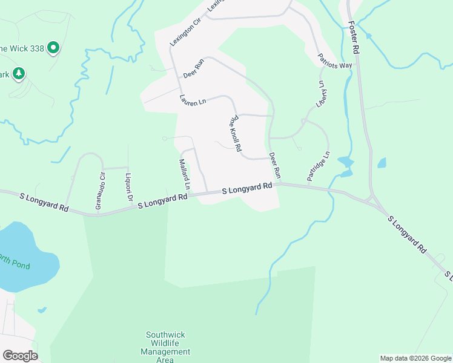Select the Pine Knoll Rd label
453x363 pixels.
[235, 134]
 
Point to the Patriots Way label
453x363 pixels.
[335, 61]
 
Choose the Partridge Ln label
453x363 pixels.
[318, 166]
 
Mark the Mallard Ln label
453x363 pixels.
[185, 175]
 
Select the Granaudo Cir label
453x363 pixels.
[101, 191]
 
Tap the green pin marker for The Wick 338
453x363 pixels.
[53, 47]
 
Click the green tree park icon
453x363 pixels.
[19, 73]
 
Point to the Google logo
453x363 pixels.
[20, 356]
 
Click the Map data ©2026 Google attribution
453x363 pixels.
[415, 358]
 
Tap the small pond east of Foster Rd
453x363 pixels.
[382, 163]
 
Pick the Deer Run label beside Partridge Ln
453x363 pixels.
[275, 165]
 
